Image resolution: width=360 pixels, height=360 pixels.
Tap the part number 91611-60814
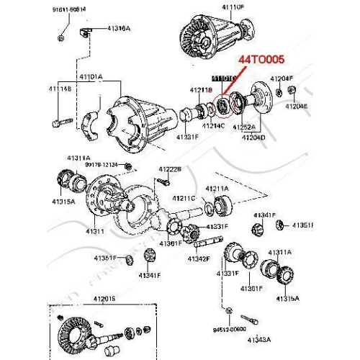click(68, 9)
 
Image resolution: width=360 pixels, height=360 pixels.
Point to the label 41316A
click(119, 28)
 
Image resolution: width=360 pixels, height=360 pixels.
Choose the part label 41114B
click(59, 89)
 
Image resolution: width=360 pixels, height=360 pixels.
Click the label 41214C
click(214, 126)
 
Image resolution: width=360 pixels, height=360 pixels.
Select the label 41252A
click(243, 126)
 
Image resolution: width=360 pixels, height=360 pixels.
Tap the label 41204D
click(253, 136)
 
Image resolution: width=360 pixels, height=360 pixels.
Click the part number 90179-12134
click(99, 166)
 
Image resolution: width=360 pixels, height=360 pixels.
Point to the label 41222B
click(170, 168)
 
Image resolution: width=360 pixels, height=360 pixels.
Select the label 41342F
click(198, 258)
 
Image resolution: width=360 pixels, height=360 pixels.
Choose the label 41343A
click(258, 339)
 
